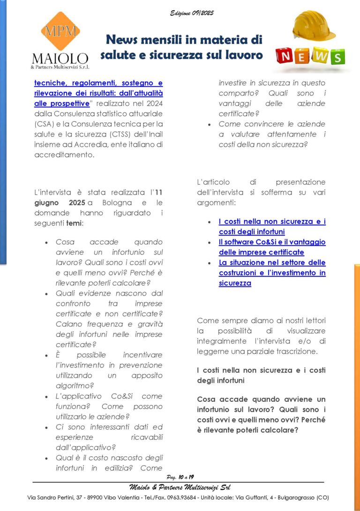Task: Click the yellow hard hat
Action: pyautogui.click(x=314, y=26)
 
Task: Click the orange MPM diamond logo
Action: pyautogui.click(x=60, y=31)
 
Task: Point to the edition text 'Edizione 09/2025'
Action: pyautogui.click(x=192, y=13)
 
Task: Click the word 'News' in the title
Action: pyautogui.click(x=124, y=40)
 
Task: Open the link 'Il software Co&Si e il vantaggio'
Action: pyautogui.click(x=272, y=242)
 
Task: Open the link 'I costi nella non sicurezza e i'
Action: pyautogui.click(x=272, y=222)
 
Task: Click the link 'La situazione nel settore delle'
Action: pyautogui.click(x=272, y=263)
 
